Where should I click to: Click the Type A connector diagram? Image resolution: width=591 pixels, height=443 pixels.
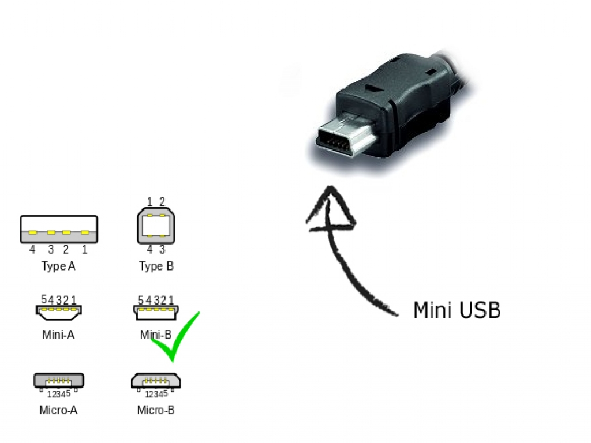pos(59,229)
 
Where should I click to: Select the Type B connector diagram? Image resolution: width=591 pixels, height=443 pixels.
pos(156,226)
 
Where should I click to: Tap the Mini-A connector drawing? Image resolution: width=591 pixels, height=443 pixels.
pos(59,312)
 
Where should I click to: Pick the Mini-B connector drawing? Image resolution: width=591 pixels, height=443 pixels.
pos(156,312)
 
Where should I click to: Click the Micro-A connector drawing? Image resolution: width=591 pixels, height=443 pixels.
pos(59,381)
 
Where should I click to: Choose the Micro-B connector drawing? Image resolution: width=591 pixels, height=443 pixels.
pos(156,381)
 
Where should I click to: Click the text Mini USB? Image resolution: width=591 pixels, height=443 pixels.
pos(457,310)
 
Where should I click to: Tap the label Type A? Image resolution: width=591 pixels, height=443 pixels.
pos(58,266)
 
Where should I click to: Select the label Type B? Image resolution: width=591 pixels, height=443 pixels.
pos(156,266)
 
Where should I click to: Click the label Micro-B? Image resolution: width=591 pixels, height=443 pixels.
pos(156,410)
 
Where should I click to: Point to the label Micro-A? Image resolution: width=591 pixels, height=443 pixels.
pos(58,410)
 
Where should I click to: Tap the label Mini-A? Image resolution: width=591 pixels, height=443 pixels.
pos(58,335)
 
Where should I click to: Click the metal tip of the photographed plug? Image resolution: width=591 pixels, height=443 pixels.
pos(345,136)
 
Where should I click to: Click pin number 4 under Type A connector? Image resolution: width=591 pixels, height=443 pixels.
pos(32,249)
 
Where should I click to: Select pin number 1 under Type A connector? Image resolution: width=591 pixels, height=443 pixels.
pos(84,249)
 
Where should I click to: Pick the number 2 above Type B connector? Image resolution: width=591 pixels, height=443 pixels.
pos(162,201)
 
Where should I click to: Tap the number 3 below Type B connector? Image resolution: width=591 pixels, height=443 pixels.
pos(162,249)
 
